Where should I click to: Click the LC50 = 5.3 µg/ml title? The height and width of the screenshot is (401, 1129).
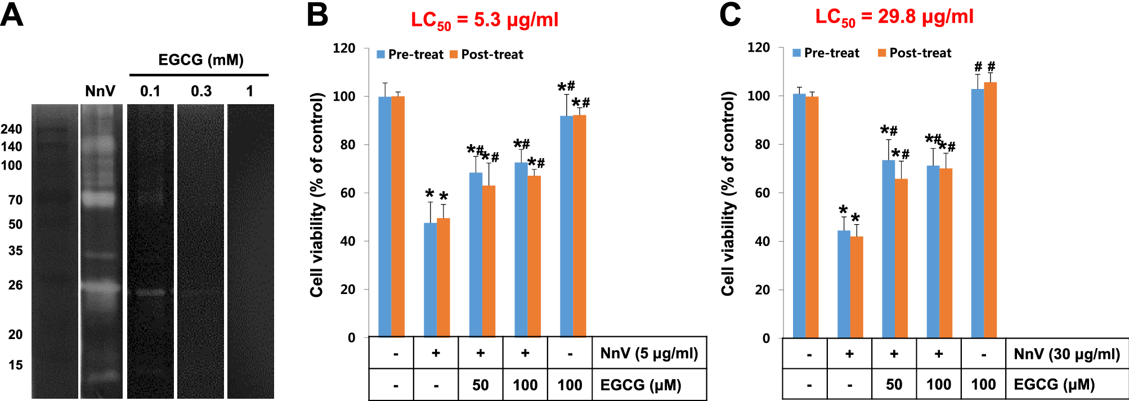point(484,20)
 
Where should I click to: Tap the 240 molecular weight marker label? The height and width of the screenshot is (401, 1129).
point(11,130)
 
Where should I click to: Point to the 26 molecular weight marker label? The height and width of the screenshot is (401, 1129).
point(15,285)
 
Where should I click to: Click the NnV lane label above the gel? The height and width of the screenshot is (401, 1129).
point(100,91)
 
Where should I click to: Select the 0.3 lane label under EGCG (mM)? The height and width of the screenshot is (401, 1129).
point(201,91)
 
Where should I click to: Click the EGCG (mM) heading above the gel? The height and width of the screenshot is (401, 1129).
point(200,60)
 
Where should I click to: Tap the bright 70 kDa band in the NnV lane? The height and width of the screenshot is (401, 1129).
point(101,199)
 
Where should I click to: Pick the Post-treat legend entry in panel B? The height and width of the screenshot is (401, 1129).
point(487,55)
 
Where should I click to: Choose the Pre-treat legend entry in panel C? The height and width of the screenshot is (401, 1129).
point(826,53)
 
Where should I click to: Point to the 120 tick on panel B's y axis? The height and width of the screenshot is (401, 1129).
point(344,48)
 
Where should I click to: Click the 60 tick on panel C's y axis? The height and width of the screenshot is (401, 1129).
point(761,193)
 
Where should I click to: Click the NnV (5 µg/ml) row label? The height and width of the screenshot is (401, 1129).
point(649,353)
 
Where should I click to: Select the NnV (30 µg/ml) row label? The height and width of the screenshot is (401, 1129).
point(1066,354)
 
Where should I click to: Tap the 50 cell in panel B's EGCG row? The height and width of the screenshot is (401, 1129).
point(480,385)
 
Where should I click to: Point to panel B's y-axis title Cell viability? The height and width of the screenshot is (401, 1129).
point(317,194)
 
